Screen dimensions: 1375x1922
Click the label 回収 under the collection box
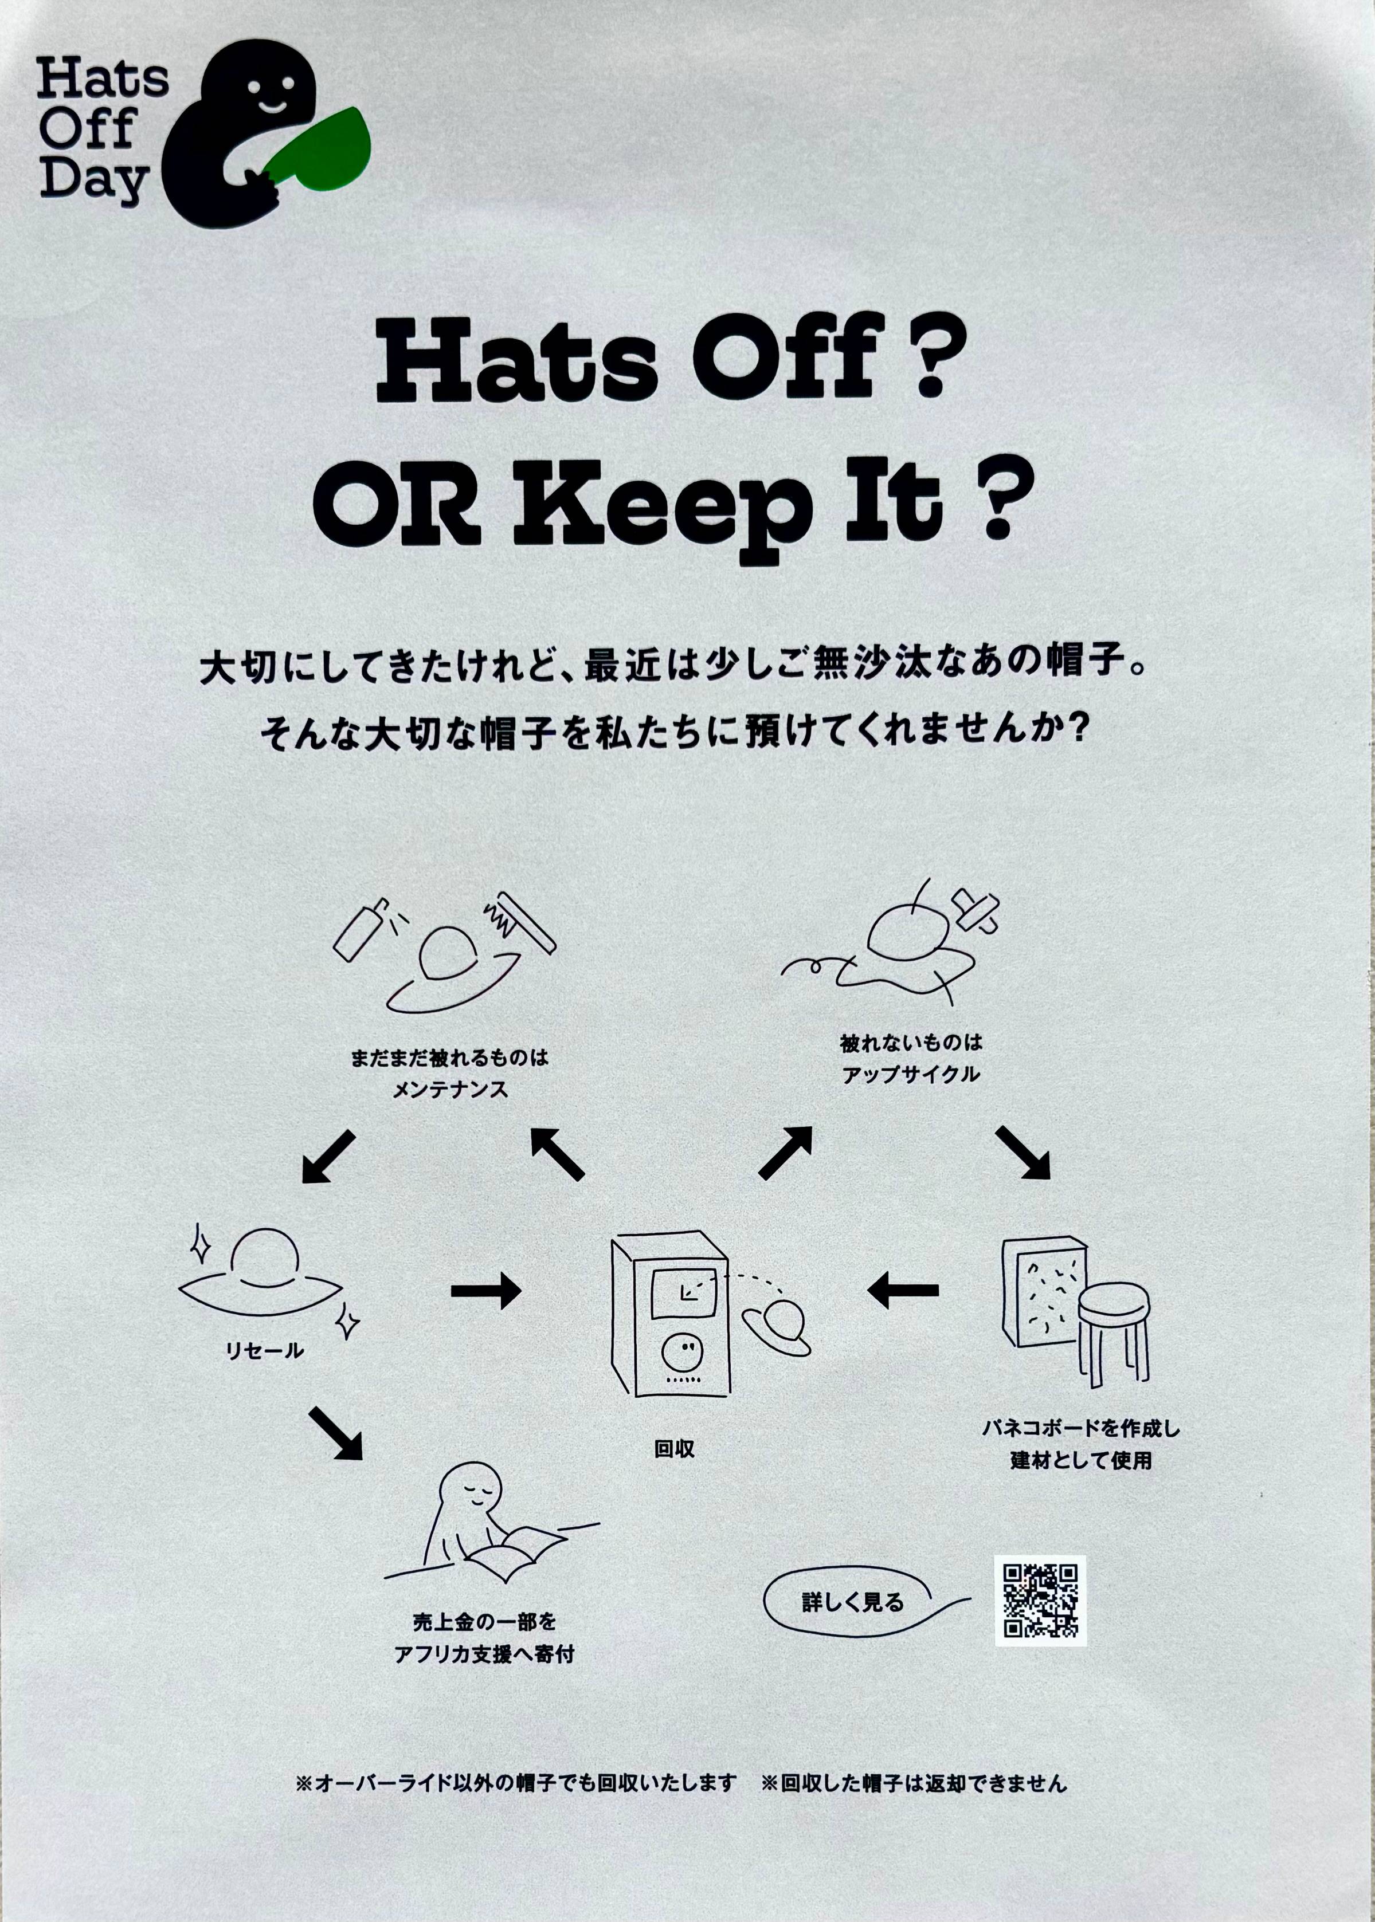[x=674, y=1449]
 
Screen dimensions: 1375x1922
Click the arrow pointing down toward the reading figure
[x=335, y=1433]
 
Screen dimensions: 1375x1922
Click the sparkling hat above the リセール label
[x=263, y=1271]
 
